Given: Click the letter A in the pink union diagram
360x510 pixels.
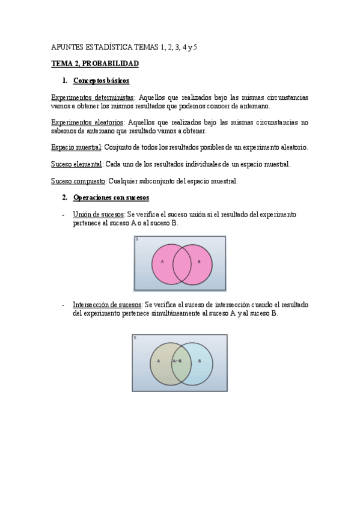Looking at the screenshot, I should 162,262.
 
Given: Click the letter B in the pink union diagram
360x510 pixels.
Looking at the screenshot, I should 199,262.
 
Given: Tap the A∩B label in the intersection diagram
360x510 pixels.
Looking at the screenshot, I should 177,361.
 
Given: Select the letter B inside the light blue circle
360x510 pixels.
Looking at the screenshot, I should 200,361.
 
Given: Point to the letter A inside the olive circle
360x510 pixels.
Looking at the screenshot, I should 159,361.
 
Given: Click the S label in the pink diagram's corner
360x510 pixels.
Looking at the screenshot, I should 137,239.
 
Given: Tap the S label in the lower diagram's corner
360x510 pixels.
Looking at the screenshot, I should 135,338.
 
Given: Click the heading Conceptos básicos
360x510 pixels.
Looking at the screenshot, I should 101,80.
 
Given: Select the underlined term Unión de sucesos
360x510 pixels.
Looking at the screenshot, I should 99,214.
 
